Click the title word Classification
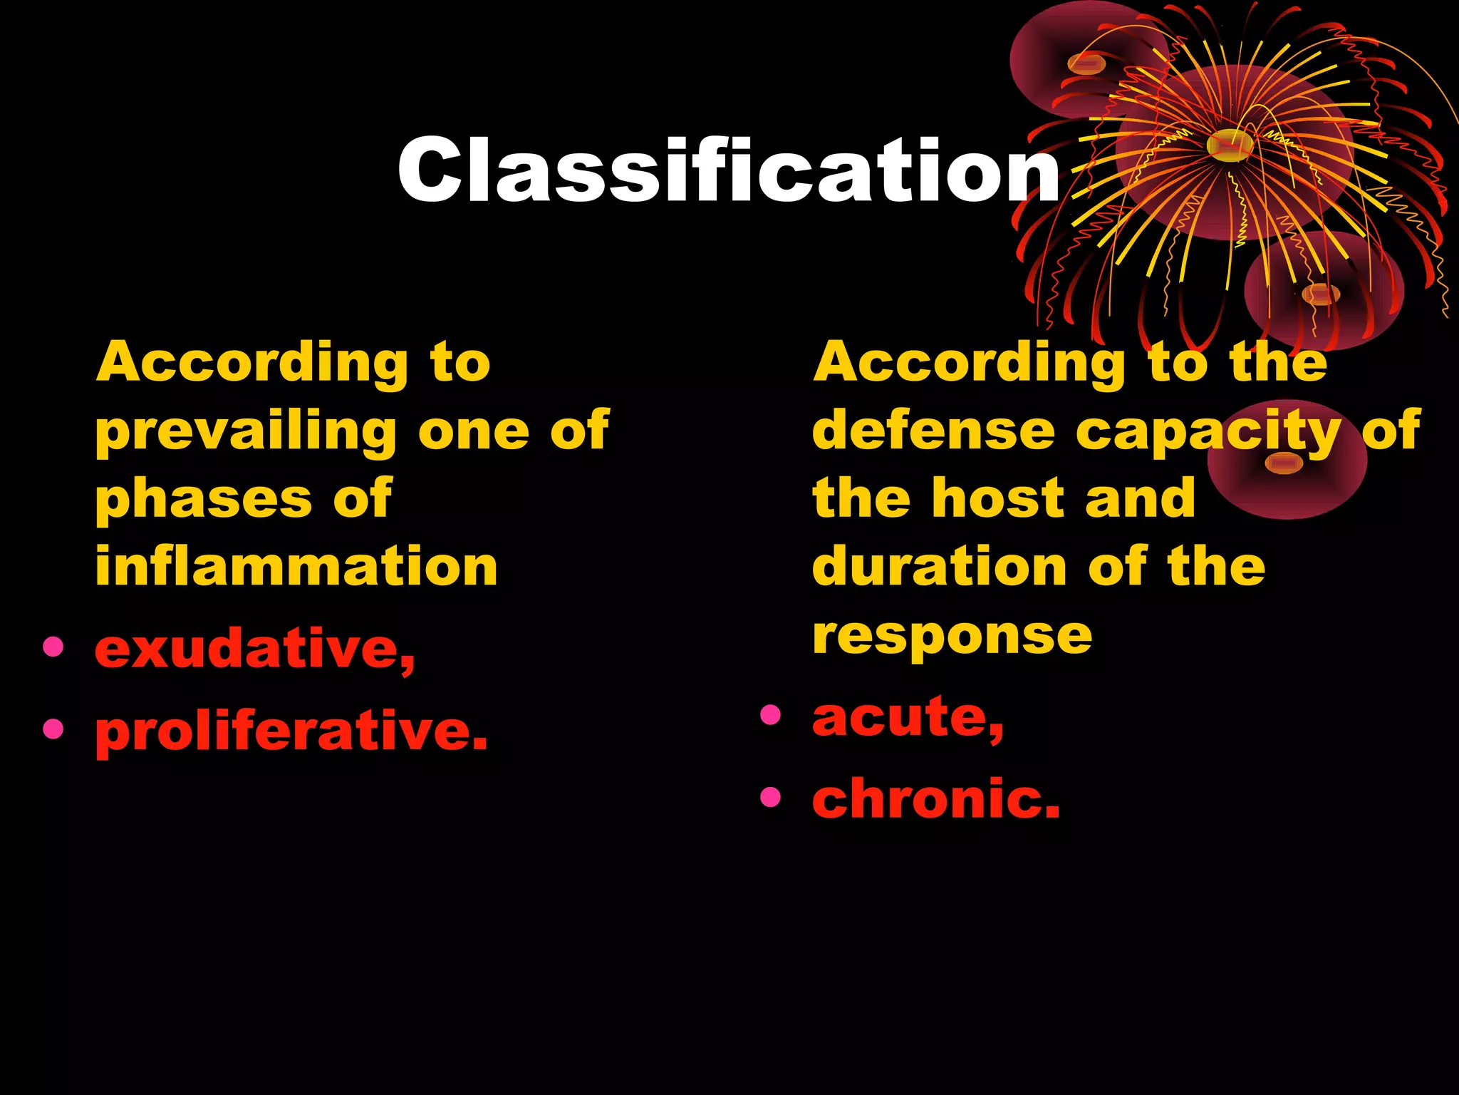(728, 170)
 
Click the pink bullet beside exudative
(53, 647)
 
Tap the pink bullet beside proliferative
(53, 729)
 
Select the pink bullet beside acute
(770, 714)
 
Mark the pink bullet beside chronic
(770, 796)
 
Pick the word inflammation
(296, 566)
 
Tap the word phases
(204, 499)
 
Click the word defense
(933, 431)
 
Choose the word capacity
(1208, 432)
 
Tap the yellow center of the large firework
(1230, 145)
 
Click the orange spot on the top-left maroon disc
(1086, 65)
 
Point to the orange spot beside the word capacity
(1284, 464)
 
